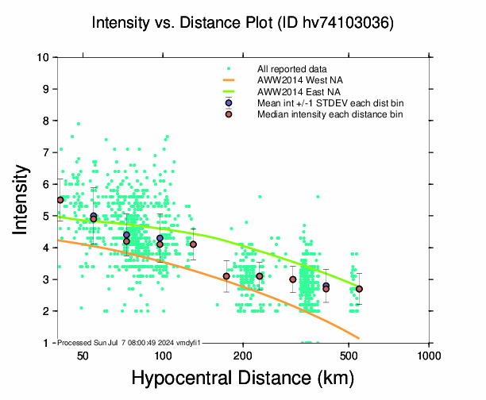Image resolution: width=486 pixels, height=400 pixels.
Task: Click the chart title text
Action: pos(242,25)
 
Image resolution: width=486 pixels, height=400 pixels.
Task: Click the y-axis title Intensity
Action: pos(23,199)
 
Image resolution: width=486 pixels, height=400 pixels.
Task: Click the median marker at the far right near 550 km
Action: pos(359,289)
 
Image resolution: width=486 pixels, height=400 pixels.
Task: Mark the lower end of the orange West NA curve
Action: pos(359,338)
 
